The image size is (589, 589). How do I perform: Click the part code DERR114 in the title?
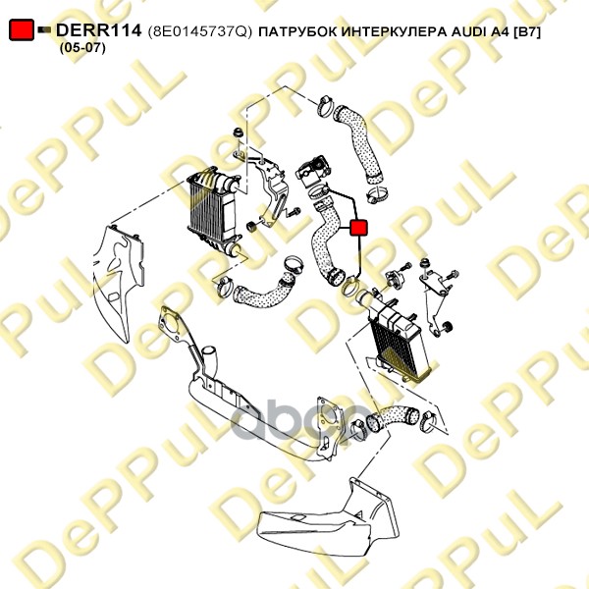[x=98, y=30]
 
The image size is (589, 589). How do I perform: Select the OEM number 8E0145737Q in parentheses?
[x=199, y=31]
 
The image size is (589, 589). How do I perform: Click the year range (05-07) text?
[x=82, y=48]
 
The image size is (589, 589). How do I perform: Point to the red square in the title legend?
[x=22, y=29]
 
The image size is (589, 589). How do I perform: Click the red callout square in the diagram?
[x=358, y=228]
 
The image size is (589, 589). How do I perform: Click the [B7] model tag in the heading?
[x=526, y=32]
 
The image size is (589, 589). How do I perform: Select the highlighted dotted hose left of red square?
[x=326, y=243]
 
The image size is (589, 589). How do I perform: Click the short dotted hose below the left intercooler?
[x=263, y=289]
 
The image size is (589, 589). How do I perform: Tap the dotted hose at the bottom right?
[x=393, y=416]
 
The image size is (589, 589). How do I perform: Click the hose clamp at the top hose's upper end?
[x=326, y=105]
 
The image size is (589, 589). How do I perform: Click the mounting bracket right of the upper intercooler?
[x=271, y=187]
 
